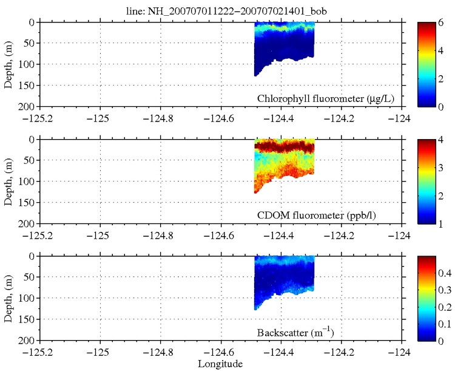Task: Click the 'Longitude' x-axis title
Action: tap(220, 364)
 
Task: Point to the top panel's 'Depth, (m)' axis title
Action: tap(9, 64)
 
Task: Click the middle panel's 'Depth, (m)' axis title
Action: tap(9, 181)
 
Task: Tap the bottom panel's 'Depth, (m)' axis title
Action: tap(9, 298)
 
